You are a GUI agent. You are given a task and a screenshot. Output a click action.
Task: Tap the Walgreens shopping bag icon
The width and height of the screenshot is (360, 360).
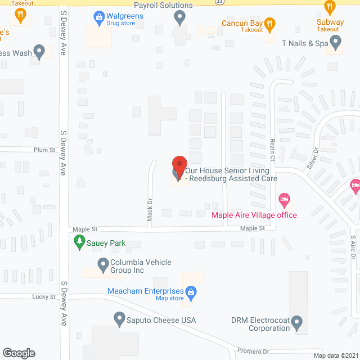pyautogui.click(x=100, y=17)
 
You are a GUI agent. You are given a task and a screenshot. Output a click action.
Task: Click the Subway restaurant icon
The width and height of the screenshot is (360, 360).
pyautogui.click(x=330, y=7)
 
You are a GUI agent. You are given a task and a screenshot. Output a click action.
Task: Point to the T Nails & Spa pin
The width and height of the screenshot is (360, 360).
pyautogui.click(x=336, y=40)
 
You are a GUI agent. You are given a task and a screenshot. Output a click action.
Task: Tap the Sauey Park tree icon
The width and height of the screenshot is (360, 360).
pyautogui.click(x=79, y=243)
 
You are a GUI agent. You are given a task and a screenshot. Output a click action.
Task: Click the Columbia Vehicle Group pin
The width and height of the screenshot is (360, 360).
pyautogui.click(x=102, y=263)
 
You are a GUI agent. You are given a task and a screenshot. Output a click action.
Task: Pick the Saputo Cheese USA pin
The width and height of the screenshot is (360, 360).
pyautogui.click(x=119, y=319)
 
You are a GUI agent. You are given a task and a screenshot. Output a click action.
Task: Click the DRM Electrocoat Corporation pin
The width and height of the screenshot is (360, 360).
pyautogui.click(x=297, y=323)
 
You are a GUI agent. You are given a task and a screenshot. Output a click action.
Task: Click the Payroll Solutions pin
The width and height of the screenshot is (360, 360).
pyautogui.click(x=180, y=18)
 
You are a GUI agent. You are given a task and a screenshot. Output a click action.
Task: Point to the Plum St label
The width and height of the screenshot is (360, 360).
pyautogui.click(x=44, y=150)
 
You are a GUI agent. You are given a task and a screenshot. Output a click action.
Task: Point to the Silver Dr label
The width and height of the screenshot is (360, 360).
pyautogui.click(x=313, y=159)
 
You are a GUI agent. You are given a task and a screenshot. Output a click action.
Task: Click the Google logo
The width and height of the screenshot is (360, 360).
pyautogui.click(x=19, y=353)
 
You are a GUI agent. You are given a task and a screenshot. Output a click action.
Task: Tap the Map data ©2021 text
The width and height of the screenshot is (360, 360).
pyautogui.click(x=335, y=355)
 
